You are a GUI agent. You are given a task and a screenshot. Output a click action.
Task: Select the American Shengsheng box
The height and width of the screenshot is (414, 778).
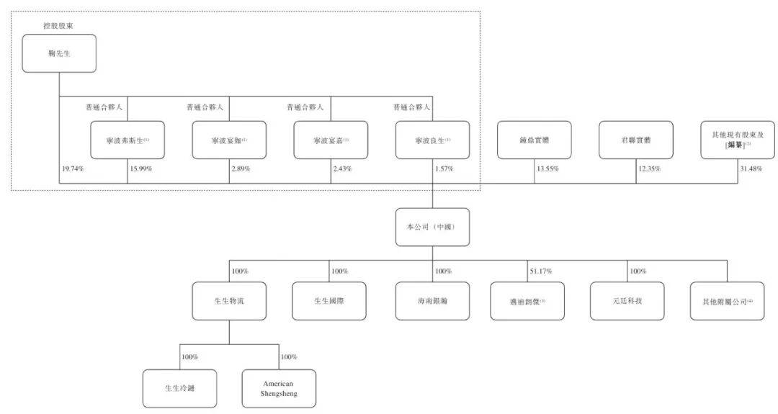280,389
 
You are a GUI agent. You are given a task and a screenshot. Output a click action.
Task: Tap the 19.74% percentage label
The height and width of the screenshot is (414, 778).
73,168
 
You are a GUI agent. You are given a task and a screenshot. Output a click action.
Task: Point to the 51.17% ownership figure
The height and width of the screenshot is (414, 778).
542,271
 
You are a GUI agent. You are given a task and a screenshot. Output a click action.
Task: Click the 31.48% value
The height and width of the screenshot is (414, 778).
749,168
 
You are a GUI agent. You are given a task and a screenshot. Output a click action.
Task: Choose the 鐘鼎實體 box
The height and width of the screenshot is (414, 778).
535,140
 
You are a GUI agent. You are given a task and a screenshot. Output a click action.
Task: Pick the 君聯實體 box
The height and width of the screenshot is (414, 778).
636,140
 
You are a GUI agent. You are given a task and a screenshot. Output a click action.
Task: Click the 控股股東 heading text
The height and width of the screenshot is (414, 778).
58,27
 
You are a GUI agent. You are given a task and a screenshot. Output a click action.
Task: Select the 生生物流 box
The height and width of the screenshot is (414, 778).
229,301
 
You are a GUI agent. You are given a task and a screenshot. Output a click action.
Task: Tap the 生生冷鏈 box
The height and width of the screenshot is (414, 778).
179,389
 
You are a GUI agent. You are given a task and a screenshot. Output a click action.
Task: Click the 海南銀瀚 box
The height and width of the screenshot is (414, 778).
432,301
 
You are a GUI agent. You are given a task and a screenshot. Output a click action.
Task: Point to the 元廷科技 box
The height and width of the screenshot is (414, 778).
625,301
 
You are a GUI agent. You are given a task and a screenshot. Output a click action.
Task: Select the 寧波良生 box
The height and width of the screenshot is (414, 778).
432,140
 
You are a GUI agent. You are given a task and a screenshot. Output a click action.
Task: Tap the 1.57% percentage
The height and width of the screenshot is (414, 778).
444,168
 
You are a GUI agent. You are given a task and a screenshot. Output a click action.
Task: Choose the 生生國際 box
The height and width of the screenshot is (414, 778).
329,301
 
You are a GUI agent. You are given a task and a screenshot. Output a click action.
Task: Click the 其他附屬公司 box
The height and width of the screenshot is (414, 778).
727,301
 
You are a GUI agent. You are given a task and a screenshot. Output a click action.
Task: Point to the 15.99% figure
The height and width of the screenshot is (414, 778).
141,168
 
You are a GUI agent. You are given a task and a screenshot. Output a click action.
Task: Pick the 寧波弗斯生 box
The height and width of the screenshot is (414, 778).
128,140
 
